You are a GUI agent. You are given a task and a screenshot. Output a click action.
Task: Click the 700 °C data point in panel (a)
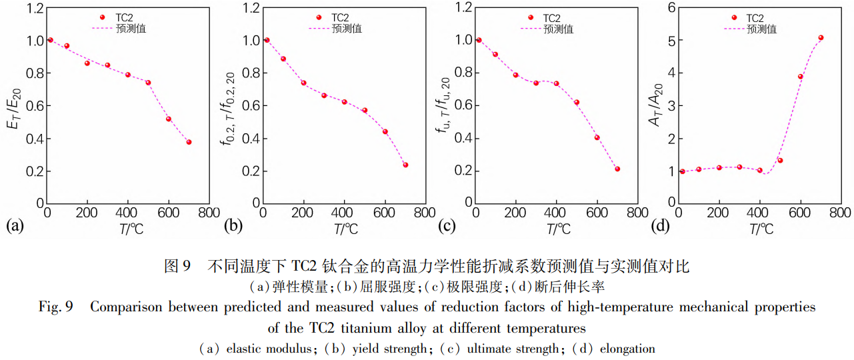pos(189,142)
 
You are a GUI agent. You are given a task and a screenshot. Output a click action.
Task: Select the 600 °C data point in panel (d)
pos(801,77)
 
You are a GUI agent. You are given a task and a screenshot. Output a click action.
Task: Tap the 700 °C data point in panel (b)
pos(405,165)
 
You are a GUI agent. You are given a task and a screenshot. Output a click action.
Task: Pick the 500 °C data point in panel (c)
pos(577,102)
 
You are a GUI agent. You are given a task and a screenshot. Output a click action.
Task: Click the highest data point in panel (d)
pos(821,38)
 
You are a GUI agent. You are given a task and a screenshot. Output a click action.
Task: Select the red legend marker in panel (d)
pos(735,18)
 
